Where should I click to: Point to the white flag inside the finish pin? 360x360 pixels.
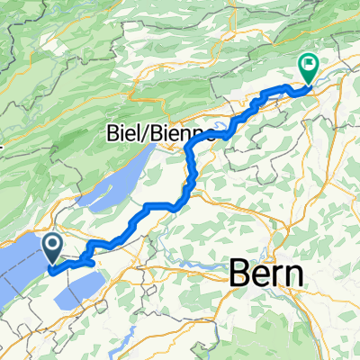point(308,64)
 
